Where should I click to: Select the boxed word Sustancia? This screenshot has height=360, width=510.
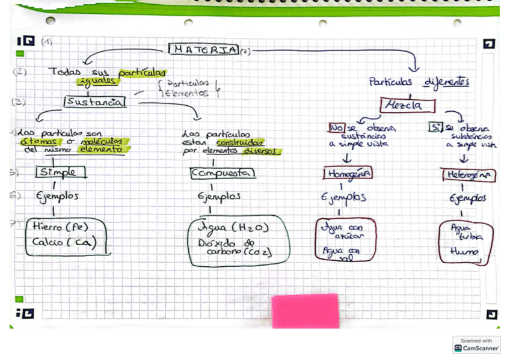95,102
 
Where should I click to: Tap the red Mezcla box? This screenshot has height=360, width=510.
408,105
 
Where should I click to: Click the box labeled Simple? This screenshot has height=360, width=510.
60,172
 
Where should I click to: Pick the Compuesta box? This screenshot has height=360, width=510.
223,173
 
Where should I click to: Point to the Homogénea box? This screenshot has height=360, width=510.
348,174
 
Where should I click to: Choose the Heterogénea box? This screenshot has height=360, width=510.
469,175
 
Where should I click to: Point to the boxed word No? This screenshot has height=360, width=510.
336,127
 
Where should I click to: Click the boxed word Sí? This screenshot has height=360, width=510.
435,127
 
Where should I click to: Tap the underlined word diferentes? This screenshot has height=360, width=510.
446,82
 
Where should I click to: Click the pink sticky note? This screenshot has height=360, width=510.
305,310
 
